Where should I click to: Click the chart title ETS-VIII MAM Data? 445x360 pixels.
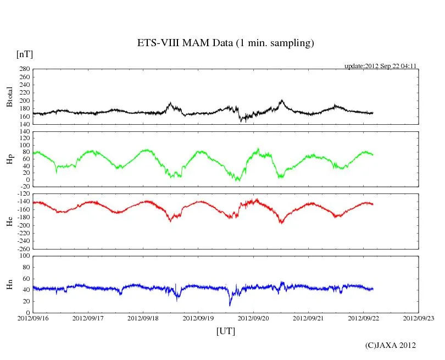coord(225,43)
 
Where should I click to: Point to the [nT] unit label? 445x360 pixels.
coord(24,54)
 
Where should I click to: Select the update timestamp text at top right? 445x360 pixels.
coord(380,65)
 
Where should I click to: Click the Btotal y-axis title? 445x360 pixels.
coord(9,96)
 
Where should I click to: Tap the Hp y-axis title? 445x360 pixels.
coord(9,159)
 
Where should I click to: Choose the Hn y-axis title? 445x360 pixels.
coord(9,284)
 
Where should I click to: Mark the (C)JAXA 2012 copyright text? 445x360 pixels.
coord(390,345)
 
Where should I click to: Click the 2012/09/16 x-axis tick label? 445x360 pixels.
coord(33,318)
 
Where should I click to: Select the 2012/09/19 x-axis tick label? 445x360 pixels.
coord(198,318)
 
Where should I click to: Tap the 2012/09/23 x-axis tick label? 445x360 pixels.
coord(418,318)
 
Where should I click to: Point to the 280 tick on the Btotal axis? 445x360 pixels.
coord(24,69)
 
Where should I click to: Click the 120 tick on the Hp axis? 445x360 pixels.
coord(24,132)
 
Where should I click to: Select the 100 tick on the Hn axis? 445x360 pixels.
coord(24,256)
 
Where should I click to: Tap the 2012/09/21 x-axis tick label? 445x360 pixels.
coord(308,318)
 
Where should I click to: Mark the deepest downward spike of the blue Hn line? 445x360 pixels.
coord(230,305)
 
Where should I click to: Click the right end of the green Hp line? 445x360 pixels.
coord(373,154)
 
